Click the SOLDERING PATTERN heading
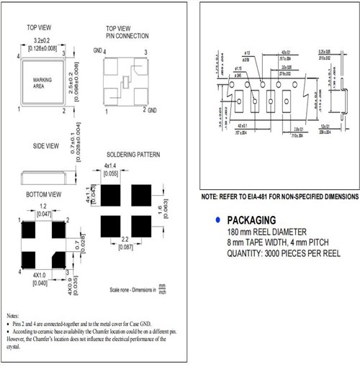click(133, 155)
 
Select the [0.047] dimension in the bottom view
click(43, 214)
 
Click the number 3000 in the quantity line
click(269, 253)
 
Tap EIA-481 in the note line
click(256, 196)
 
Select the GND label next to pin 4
click(97, 51)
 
